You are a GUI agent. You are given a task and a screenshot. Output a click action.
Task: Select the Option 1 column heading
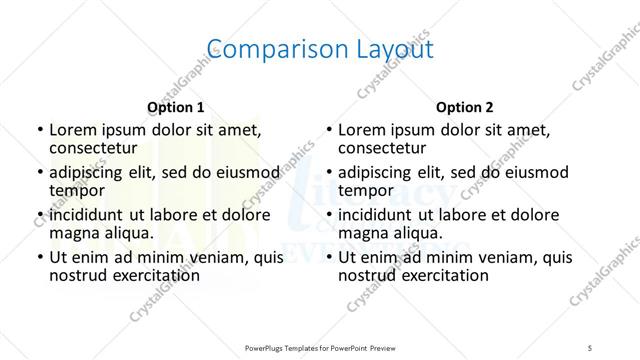tap(176, 107)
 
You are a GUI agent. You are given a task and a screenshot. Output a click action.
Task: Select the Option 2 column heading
tap(465, 107)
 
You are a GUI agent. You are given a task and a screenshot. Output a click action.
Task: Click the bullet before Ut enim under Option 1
tap(39, 258)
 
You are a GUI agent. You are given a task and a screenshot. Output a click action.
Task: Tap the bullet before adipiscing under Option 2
tap(328, 172)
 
